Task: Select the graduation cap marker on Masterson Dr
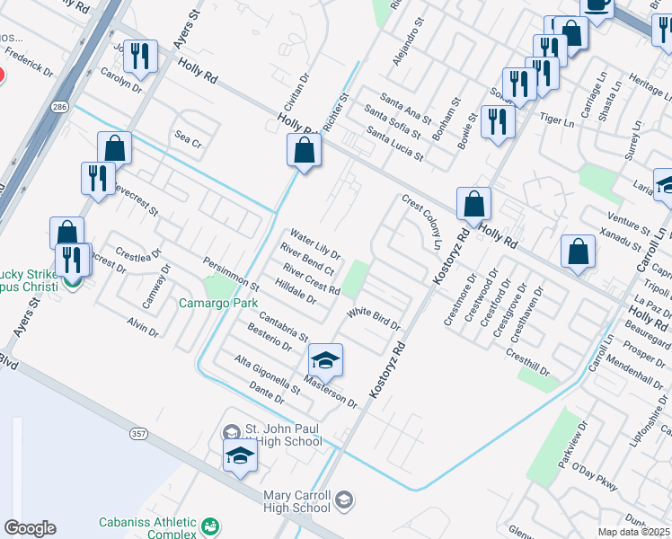(324, 362)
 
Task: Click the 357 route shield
(138, 434)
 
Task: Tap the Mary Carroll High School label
(298, 501)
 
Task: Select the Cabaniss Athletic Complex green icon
(210, 526)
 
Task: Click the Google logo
(30, 528)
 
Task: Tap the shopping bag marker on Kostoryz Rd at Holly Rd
(473, 206)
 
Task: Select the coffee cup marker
(597, 4)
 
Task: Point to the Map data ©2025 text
(633, 532)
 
